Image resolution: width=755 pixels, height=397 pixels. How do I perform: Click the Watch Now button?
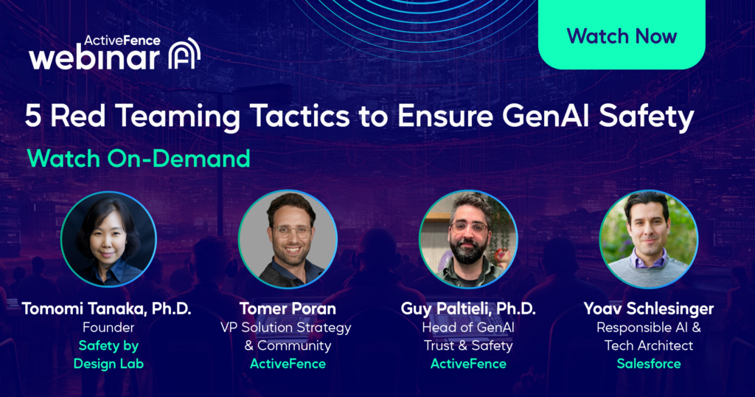click(622, 35)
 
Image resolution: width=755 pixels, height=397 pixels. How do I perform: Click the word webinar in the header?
click(94, 58)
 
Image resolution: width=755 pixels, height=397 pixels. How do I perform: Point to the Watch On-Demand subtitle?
click(139, 158)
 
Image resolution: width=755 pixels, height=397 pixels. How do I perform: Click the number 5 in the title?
click(34, 117)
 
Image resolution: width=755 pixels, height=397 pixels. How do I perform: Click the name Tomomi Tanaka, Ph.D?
click(106, 308)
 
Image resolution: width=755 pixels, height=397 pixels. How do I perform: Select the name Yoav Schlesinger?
click(649, 308)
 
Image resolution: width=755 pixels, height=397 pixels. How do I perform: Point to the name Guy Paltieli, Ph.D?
click(468, 308)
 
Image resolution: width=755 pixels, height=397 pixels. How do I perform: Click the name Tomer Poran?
click(288, 308)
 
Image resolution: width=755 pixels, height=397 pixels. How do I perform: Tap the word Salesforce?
click(649, 364)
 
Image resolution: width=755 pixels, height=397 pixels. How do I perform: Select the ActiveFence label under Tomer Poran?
click(288, 364)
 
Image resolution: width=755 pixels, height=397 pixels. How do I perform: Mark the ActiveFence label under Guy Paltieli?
click(468, 364)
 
